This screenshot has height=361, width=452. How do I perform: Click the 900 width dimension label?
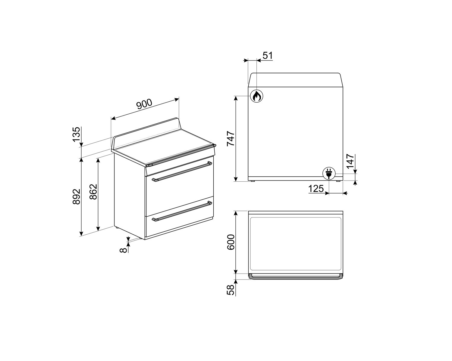144,104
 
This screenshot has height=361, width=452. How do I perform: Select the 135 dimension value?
77,134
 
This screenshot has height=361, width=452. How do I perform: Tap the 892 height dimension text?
77,196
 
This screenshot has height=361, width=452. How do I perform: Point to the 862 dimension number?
93,192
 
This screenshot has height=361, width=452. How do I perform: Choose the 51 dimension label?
268,56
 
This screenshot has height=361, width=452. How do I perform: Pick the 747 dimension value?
231,138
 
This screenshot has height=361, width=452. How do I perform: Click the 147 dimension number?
350,161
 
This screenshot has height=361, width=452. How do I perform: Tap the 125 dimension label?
316,189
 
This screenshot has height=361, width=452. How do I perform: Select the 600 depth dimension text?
231,242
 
